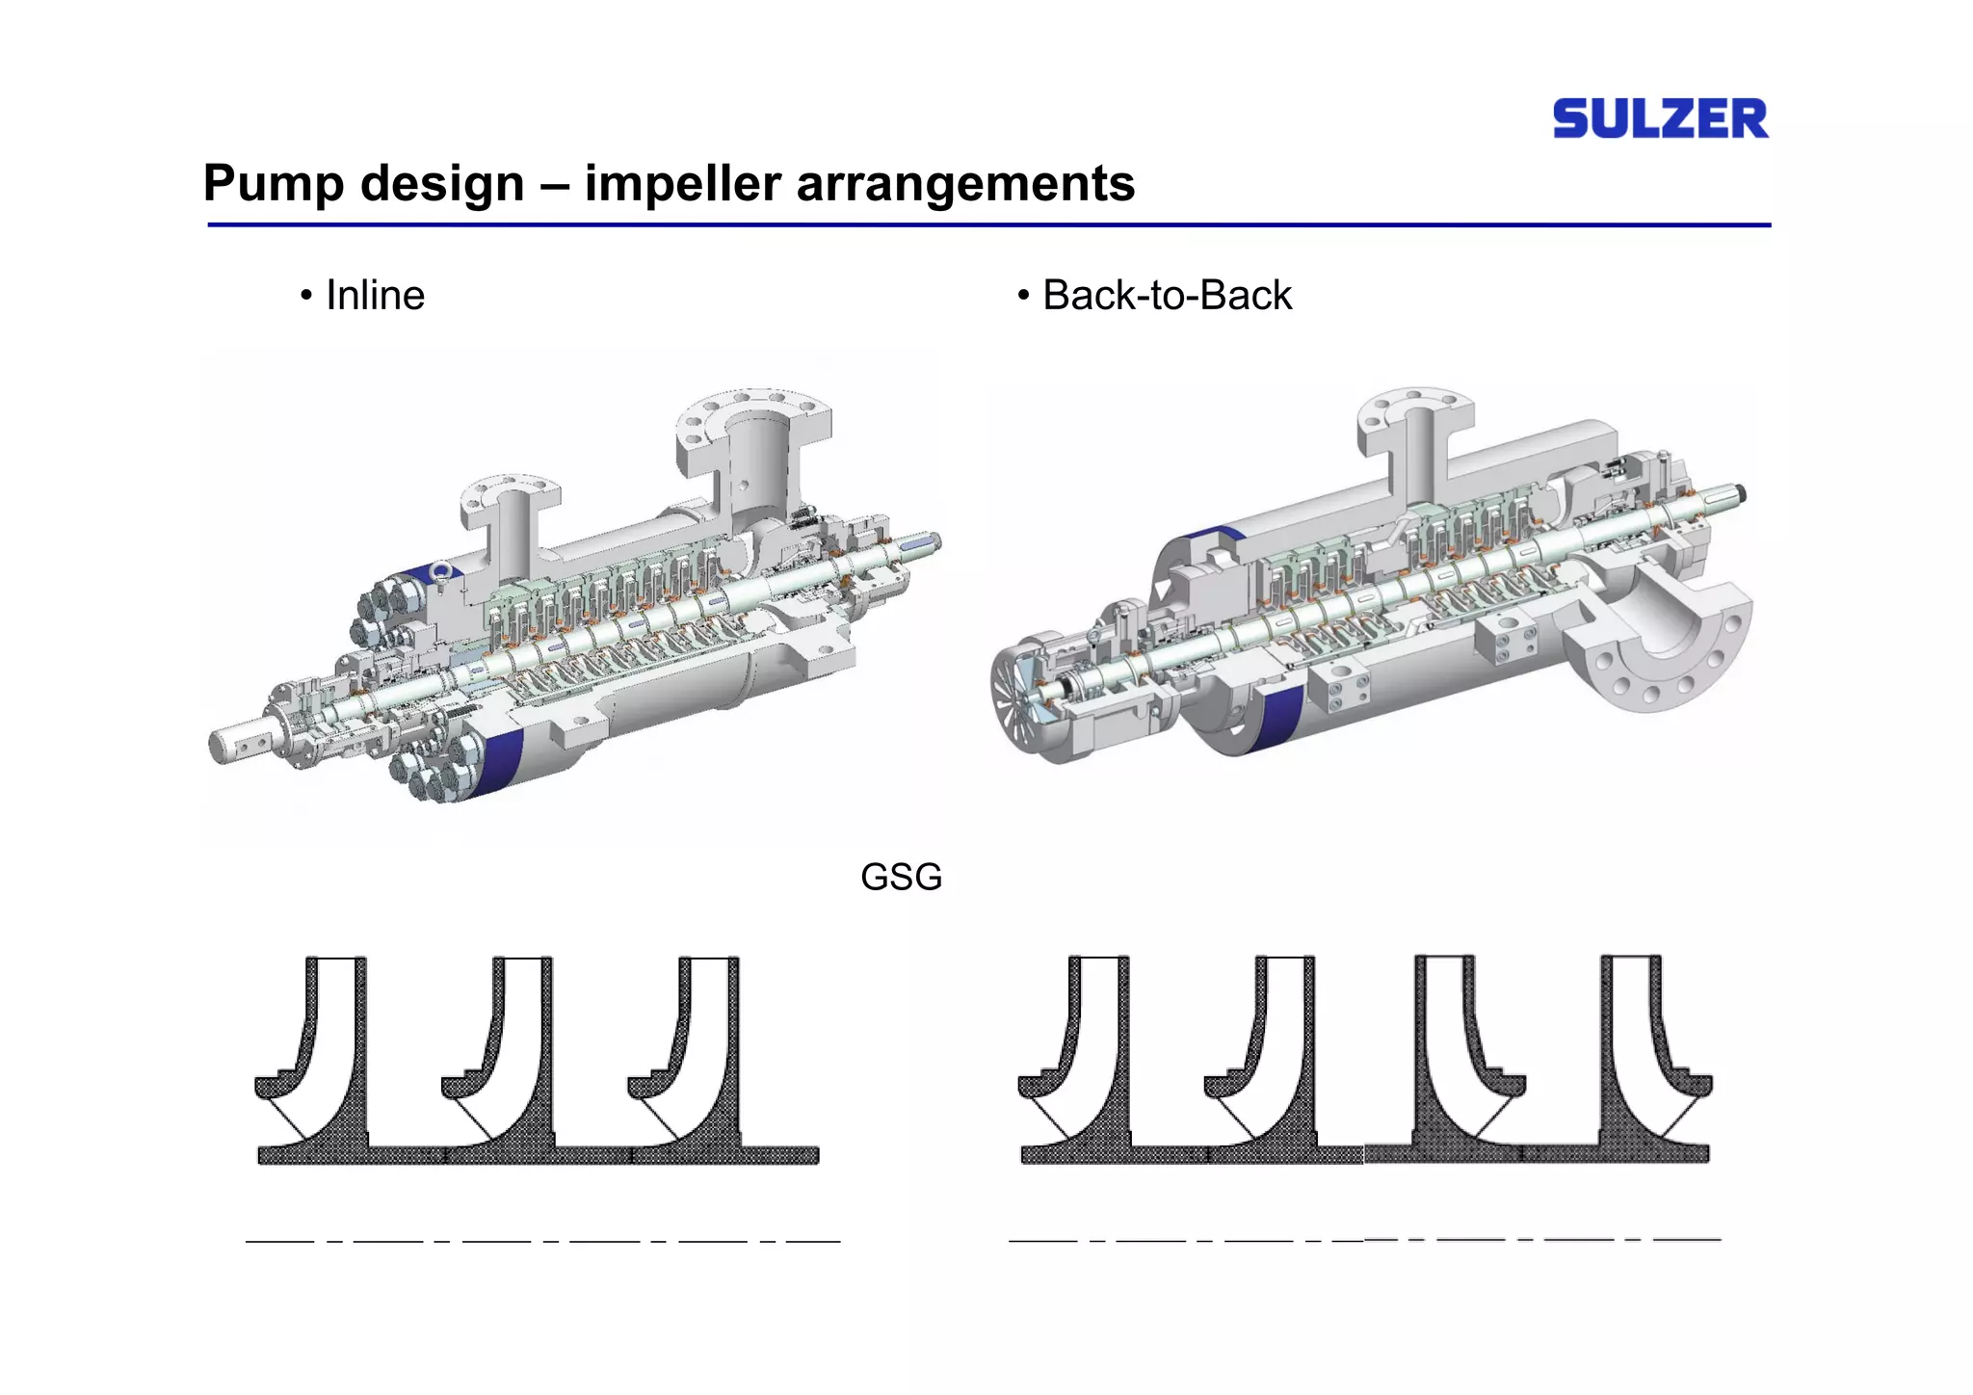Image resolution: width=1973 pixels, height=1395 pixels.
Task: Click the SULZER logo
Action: pos(1660,118)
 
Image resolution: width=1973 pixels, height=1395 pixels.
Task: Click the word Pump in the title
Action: pos(273,183)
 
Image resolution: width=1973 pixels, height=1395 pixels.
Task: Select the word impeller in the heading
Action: pos(681,183)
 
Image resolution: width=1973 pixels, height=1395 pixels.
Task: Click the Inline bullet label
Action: pos(374,295)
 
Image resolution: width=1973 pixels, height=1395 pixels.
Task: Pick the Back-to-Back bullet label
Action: pos(1166,295)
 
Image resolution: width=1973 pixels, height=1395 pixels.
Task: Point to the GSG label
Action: pos(901,877)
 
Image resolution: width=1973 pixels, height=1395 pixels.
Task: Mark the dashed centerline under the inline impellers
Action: pos(542,1241)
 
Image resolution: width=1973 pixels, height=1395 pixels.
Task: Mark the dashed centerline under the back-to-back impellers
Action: pos(1363,1240)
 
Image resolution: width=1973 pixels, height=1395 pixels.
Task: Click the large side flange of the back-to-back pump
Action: pos(1657,645)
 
